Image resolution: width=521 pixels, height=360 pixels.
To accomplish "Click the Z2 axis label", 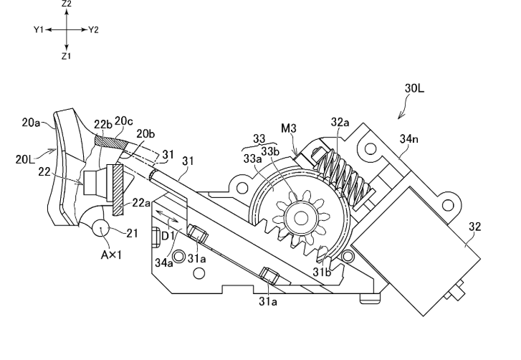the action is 67,4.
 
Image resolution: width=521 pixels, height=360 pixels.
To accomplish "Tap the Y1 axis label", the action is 38,29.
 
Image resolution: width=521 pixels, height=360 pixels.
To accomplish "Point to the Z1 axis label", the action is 66,56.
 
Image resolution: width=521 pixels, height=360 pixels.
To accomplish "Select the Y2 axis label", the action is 94,30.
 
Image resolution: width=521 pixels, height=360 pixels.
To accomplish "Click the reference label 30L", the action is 414,88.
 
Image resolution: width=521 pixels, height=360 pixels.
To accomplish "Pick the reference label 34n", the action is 409,139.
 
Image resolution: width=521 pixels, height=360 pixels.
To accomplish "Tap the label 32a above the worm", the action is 340,123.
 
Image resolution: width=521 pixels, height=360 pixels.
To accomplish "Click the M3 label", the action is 288,128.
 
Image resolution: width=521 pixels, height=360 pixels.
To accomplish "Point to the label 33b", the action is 270,151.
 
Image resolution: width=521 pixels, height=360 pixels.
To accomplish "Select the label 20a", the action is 31,123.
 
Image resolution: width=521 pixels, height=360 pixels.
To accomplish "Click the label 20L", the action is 25,159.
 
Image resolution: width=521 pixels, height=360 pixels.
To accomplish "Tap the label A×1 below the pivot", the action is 111,255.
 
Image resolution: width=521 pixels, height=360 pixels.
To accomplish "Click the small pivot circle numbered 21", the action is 100,228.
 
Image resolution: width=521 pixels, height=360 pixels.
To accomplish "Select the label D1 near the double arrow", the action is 168,236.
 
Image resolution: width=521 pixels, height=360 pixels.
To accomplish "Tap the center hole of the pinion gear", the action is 301,219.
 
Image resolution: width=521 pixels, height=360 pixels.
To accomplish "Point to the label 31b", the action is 322,273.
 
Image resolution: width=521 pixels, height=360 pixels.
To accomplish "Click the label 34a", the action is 164,262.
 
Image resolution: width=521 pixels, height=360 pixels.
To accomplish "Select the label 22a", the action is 141,202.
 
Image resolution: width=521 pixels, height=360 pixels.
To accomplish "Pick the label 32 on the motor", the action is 475,227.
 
